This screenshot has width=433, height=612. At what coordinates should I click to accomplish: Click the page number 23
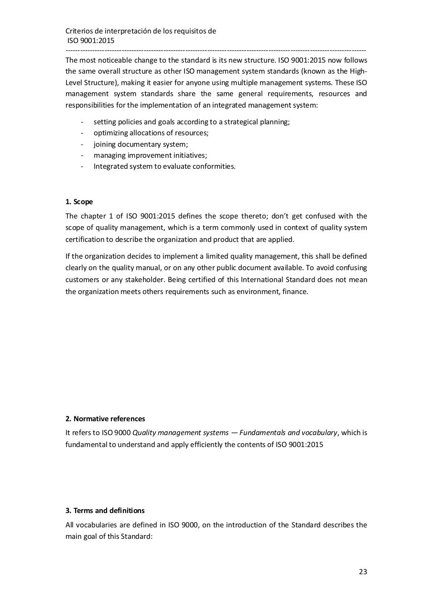[x=363, y=572]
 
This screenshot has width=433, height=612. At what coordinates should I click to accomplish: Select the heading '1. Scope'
[x=79, y=202]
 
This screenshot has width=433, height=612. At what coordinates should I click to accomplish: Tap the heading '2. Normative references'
[x=105, y=419]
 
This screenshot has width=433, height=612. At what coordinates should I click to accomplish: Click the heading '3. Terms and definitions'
[x=105, y=511]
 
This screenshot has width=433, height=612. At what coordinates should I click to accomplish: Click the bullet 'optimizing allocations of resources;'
[x=151, y=133]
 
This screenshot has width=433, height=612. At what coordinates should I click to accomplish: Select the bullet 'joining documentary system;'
[x=141, y=144]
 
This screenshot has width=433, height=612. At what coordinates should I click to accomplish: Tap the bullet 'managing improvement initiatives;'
[x=150, y=155]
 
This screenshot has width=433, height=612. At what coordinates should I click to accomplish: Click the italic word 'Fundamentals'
[x=262, y=433]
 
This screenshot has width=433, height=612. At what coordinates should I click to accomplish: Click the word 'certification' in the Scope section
[x=85, y=240]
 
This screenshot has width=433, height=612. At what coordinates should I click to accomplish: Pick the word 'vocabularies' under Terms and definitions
[x=96, y=525]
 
